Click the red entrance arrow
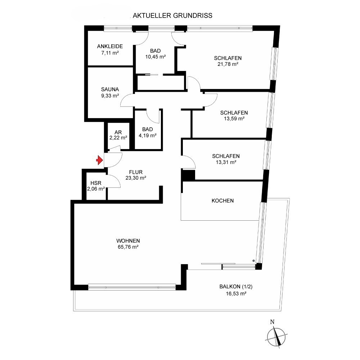(99, 160)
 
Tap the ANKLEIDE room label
(110, 46)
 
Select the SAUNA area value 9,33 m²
(110, 96)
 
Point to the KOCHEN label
(223, 201)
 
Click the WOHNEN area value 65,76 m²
(128, 247)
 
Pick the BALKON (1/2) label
(236, 287)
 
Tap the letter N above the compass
(272, 322)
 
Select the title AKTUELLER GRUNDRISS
(172, 15)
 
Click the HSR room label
(96, 183)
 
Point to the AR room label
(118, 132)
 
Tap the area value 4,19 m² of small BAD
(148, 135)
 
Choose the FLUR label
(136, 172)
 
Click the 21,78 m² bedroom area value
(228, 64)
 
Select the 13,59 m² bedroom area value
(234, 119)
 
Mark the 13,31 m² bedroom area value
(226, 162)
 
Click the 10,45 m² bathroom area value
(156, 57)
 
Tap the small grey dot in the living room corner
(253, 261)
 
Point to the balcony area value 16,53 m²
(236, 294)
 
